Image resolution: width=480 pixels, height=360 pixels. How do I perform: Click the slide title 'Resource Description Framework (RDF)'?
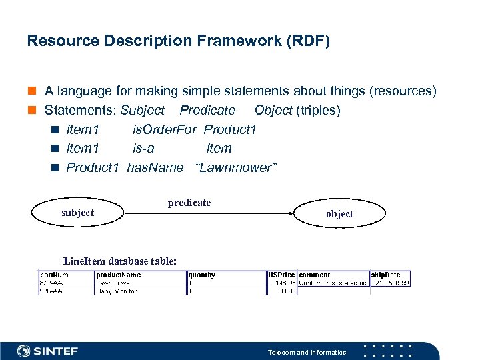coord(178,41)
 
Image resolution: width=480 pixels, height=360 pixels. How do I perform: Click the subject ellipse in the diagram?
coord(77,213)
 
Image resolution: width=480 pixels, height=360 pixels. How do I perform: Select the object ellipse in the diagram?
coord(339,213)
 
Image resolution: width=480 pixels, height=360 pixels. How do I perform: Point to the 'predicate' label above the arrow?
coord(189,203)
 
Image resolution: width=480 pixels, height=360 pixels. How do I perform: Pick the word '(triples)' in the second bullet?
coord(318,110)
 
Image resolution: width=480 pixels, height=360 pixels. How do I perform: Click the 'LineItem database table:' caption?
coord(120,261)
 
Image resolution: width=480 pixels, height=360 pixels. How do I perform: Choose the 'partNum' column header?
coord(54,274)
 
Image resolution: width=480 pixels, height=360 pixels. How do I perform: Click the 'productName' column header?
coord(119,274)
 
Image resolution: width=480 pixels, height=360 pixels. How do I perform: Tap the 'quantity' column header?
coord(201,274)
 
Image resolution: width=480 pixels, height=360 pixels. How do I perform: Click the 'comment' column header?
coord(314,274)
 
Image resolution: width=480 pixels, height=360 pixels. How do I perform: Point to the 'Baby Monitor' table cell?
coord(117,291)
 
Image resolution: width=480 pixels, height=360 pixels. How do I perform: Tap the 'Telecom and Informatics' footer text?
coord(307,352)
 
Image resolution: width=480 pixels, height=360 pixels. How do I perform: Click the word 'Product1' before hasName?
coord(92,167)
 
